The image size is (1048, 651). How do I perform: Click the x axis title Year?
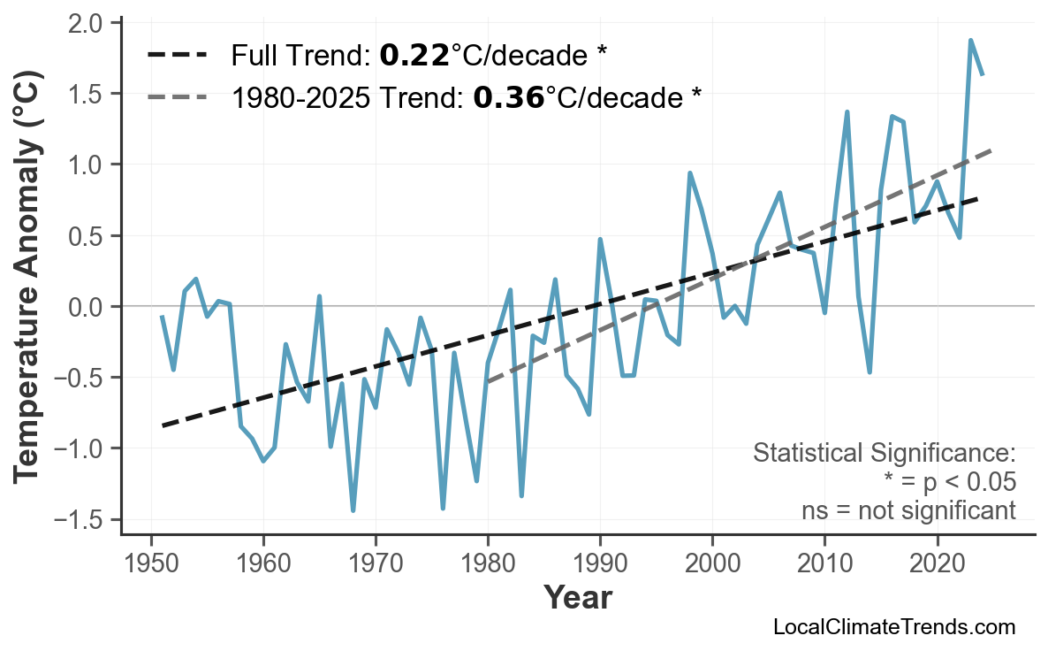pyautogui.click(x=577, y=598)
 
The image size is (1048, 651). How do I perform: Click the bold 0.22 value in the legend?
pyautogui.click(x=414, y=56)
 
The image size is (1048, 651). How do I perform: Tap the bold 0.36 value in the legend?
pyautogui.click(x=508, y=96)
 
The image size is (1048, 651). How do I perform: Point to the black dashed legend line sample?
pyautogui.click(x=177, y=56)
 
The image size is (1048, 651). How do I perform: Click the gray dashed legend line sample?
pyautogui.click(x=177, y=96)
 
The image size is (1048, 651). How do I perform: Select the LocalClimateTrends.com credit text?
pyautogui.click(x=893, y=627)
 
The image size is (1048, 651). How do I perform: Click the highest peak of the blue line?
pyautogui.click(x=970, y=41)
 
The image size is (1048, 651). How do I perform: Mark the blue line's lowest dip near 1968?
pyautogui.click(x=353, y=510)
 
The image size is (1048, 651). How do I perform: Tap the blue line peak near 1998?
pyautogui.click(x=690, y=173)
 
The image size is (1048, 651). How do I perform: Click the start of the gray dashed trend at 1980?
pyautogui.click(x=488, y=382)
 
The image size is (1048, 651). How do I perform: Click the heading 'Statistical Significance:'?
pyautogui.click(x=884, y=454)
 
